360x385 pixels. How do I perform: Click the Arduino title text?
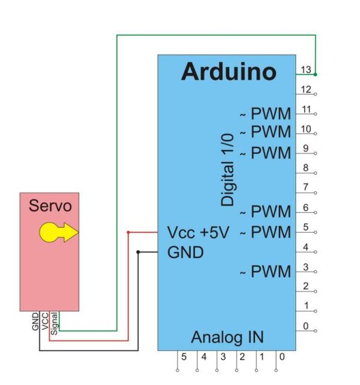229,72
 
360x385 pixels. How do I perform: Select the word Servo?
50,206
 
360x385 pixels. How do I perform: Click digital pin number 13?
306,70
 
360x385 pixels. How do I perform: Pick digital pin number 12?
306,89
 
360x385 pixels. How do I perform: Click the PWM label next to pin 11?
270,113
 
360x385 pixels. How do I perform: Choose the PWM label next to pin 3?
270,271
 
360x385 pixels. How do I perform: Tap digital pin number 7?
306,188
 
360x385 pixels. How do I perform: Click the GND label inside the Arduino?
185,252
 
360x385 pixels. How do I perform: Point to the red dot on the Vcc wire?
128,232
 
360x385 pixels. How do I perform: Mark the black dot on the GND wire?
139,252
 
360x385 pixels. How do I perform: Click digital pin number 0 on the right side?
305,326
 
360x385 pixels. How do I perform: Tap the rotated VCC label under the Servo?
45,323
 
